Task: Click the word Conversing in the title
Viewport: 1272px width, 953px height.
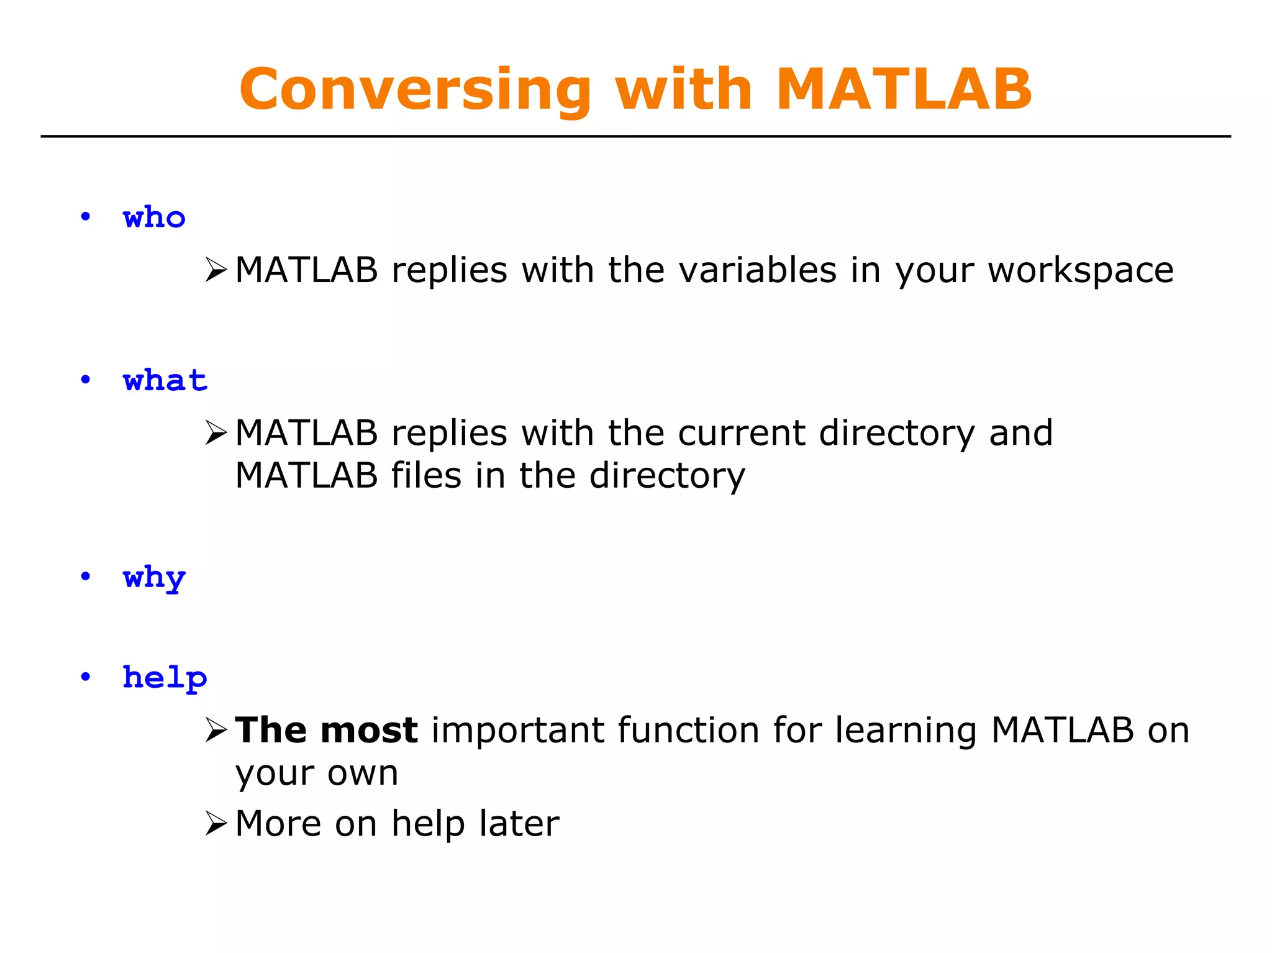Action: (x=415, y=90)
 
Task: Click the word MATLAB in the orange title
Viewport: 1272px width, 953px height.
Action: (x=904, y=90)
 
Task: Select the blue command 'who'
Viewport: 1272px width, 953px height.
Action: (x=154, y=218)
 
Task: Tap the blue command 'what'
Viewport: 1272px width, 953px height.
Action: (x=165, y=380)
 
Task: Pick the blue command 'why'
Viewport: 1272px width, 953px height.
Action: (x=154, y=578)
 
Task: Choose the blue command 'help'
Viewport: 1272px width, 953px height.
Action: (x=165, y=678)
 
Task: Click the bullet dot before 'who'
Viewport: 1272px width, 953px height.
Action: (x=86, y=217)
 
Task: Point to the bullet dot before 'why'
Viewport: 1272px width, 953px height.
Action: (x=86, y=577)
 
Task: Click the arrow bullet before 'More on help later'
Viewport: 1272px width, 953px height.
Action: (x=216, y=824)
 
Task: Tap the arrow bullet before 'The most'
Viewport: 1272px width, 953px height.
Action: (x=216, y=730)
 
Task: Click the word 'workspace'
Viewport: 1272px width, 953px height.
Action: (x=1081, y=271)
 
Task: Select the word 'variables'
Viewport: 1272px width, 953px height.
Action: (x=758, y=271)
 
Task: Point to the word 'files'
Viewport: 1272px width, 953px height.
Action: (x=426, y=476)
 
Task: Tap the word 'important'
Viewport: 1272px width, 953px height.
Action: (x=517, y=730)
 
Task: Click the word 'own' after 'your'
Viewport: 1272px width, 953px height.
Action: (x=362, y=773)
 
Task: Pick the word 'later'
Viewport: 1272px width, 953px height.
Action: (x=519, y=824)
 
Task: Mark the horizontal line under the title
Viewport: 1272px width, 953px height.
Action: (x=636, y=136)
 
